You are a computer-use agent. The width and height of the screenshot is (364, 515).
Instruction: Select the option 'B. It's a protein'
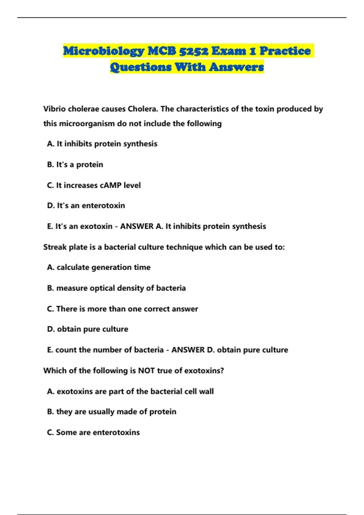[x=75, y=164]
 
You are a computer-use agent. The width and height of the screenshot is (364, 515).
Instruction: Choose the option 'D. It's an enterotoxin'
[x=86, y=205]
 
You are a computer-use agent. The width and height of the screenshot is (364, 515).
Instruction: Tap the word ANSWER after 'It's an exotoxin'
[x=137, y=226]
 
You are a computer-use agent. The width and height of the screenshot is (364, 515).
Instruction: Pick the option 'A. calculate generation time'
[x=99, y=267]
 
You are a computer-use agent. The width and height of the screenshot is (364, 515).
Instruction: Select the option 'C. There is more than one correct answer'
[x=123, y=309]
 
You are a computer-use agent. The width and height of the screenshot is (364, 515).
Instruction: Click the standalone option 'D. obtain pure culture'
[x=88, y=329]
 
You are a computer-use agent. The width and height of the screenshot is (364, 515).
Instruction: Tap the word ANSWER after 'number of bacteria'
[x=188, y=350]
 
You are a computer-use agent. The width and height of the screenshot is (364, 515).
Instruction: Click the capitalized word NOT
[x=147, y=370]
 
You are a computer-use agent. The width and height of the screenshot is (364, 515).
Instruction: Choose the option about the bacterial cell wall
[x=130, y=391]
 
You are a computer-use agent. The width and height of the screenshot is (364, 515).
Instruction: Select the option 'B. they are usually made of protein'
[x=112, y=412]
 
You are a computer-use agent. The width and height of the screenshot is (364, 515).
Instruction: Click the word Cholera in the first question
[x=143, y=109]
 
